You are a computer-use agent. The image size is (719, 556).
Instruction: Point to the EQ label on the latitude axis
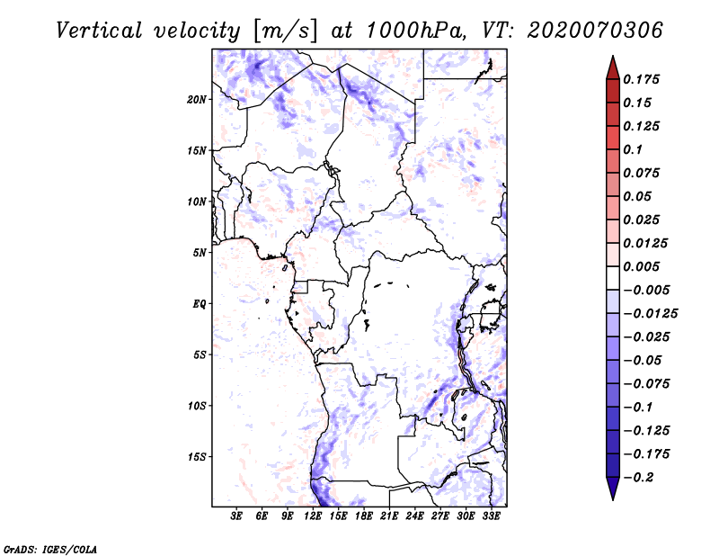click(x=200, y=304)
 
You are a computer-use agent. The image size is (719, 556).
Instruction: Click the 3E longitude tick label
click(x=237, y=516)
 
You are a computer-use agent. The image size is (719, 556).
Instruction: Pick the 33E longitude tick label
click(x=492, y=516)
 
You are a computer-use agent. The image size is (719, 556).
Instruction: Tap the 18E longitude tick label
click(x=364, y=516)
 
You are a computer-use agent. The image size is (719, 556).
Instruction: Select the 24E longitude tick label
click(x=415, y=516)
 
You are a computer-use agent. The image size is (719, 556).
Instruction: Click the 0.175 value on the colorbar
click(x=644, y=79)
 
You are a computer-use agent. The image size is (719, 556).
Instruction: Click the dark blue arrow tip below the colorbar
click(x=612, y=494)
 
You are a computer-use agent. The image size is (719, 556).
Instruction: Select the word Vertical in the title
click(x=100, y=30)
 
